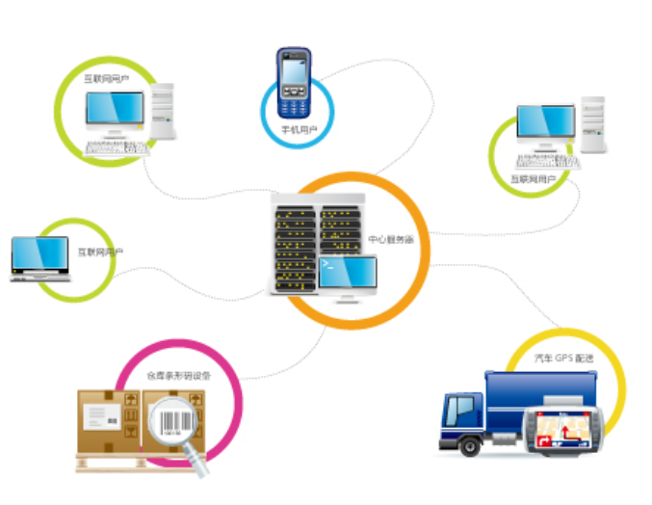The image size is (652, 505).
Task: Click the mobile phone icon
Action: click(x=291, y=81)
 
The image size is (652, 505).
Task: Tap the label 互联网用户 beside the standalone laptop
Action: click(x=101, y=252)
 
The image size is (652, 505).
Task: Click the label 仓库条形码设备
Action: click(x=177, y=374)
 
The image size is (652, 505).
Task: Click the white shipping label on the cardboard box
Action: click(x=100, y=415)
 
